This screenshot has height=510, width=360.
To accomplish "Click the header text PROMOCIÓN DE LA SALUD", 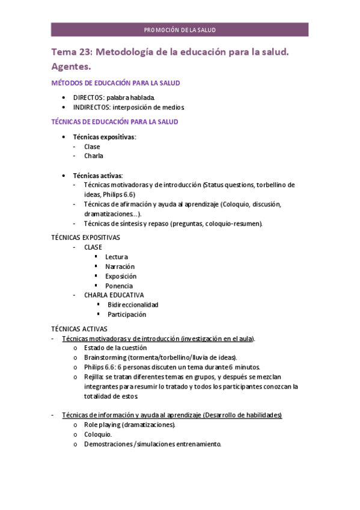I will click(x=180, y=30).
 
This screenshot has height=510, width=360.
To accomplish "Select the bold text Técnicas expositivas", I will click(x=104, y=137).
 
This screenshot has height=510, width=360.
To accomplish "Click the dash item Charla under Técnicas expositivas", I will click(x=94, y=156).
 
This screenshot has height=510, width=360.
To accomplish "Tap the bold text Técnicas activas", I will click(x=97, y=175).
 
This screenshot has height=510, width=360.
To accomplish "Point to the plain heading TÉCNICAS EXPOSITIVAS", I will click(x=85, y=238).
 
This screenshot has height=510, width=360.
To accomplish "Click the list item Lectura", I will click(x=117, y=257).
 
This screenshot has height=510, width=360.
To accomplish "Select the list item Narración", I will click(x=120, y=266).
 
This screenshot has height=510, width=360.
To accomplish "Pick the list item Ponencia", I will click(x=119, y=286).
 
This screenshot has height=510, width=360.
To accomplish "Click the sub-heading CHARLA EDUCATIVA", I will click(x=114, y=295).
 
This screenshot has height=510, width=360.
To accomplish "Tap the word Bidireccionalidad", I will click(x=133, y=305).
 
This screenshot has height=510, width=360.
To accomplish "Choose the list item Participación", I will click(x=127, y=315).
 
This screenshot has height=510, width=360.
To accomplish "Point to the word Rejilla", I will click(x=94, y=376).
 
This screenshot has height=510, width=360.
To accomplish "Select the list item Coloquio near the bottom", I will click(x=97, y=434).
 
